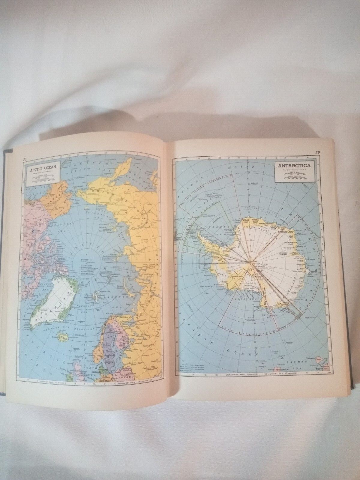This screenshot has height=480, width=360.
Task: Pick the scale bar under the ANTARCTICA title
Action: pos(295,178)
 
